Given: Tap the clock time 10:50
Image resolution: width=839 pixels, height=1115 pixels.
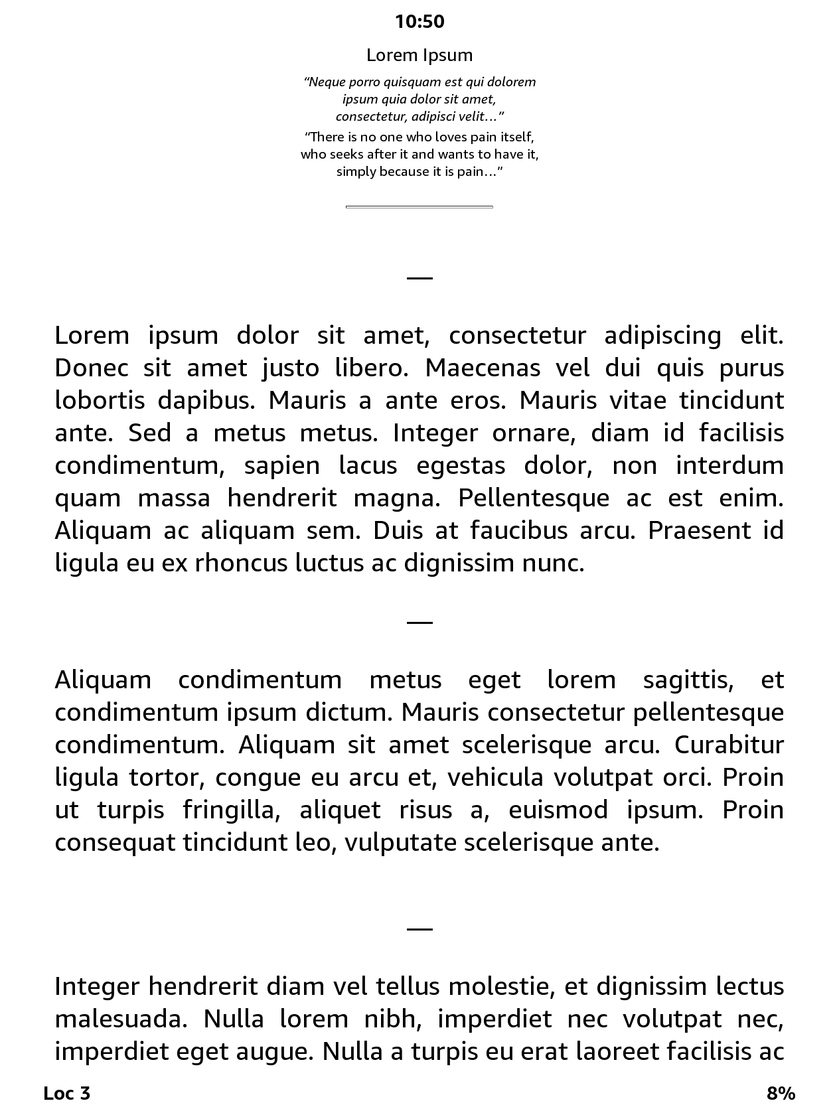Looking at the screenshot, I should click(419, 22).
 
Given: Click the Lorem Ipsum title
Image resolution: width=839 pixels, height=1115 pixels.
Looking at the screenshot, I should click(419, 55).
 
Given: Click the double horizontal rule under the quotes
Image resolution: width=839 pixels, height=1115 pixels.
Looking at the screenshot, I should click(419, 207).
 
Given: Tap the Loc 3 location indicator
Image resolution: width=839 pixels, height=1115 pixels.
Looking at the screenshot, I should click(66, 1093).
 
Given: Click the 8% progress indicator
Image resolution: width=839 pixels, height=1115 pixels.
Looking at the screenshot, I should click(781, 1093).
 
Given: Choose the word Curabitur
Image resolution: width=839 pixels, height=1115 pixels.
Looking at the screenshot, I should click(729, 745).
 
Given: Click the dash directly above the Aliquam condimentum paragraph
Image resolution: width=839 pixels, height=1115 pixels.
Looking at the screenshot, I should click(419, 623).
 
